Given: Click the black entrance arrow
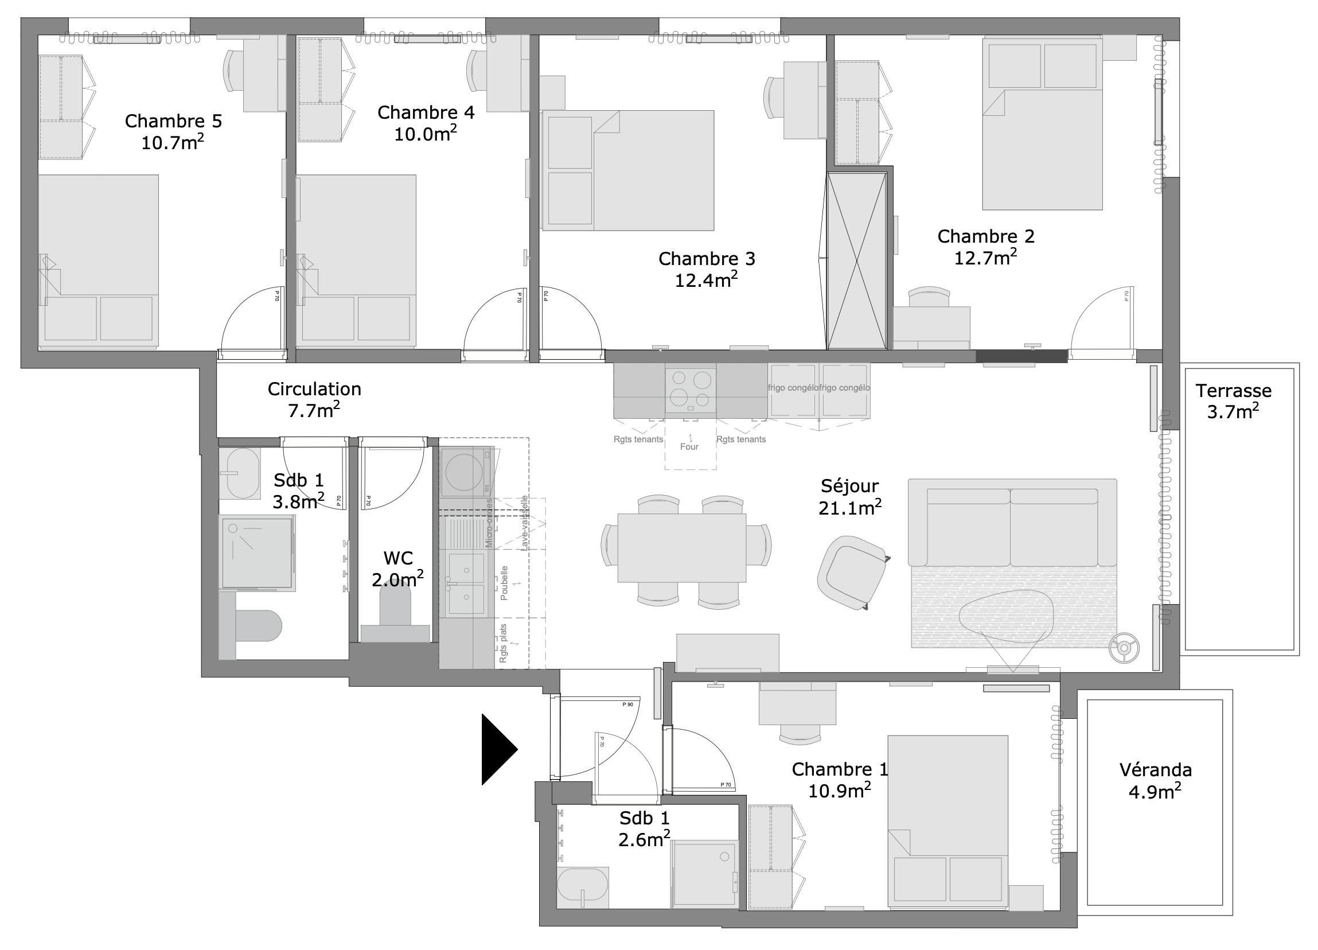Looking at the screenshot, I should point(497,749).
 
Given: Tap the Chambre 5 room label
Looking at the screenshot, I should point(173,121).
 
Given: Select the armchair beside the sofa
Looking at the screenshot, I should point(852,572).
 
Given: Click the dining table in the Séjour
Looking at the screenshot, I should point(682,547).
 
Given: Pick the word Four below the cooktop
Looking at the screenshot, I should point(689,446).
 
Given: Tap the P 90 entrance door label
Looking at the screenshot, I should point(627,704).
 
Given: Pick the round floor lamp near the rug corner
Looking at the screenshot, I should point(1124,647).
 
